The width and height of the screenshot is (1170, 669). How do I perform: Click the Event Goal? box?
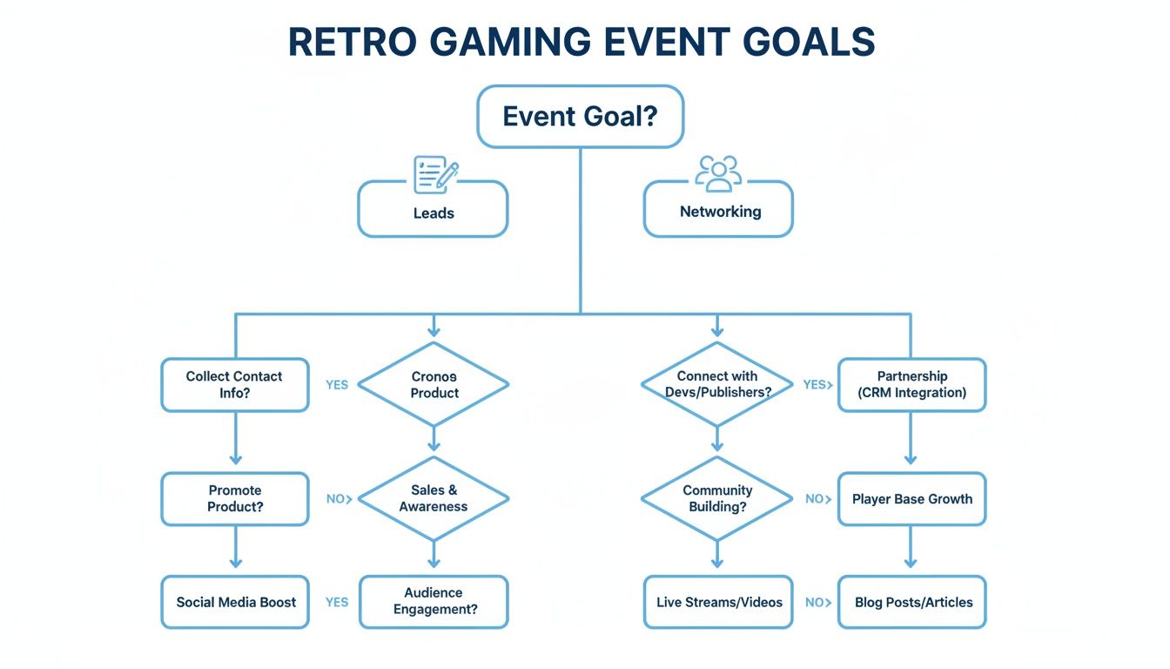pos(580,116)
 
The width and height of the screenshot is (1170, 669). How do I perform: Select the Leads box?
pos(433,210)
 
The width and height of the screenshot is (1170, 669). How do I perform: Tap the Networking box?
pos(718,210)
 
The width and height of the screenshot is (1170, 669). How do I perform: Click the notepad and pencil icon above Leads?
pos(435,174)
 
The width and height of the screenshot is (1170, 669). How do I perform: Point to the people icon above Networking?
pos(718,172)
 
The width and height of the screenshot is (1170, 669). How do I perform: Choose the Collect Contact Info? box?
pos(234,384)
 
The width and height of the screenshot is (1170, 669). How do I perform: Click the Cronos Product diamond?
pos(434,384)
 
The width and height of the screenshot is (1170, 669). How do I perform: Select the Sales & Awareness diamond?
pos(434,498)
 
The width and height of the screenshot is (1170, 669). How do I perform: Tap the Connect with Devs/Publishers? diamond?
pos(716,384)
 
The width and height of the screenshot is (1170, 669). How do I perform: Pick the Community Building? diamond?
pos(716,498)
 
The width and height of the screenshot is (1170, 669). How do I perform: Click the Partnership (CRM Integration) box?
pos(911,384)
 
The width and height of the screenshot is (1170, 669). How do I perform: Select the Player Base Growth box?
pos(911,499)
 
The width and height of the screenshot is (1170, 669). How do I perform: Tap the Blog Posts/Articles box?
pos(911,602)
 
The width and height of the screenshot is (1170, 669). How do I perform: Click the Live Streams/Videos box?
pos(718,602)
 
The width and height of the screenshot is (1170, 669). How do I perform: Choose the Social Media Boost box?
pos(235,602)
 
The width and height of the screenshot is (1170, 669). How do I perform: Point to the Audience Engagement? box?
pos(434,601)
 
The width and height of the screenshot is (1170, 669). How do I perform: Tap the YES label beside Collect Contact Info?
pos(337,384)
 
